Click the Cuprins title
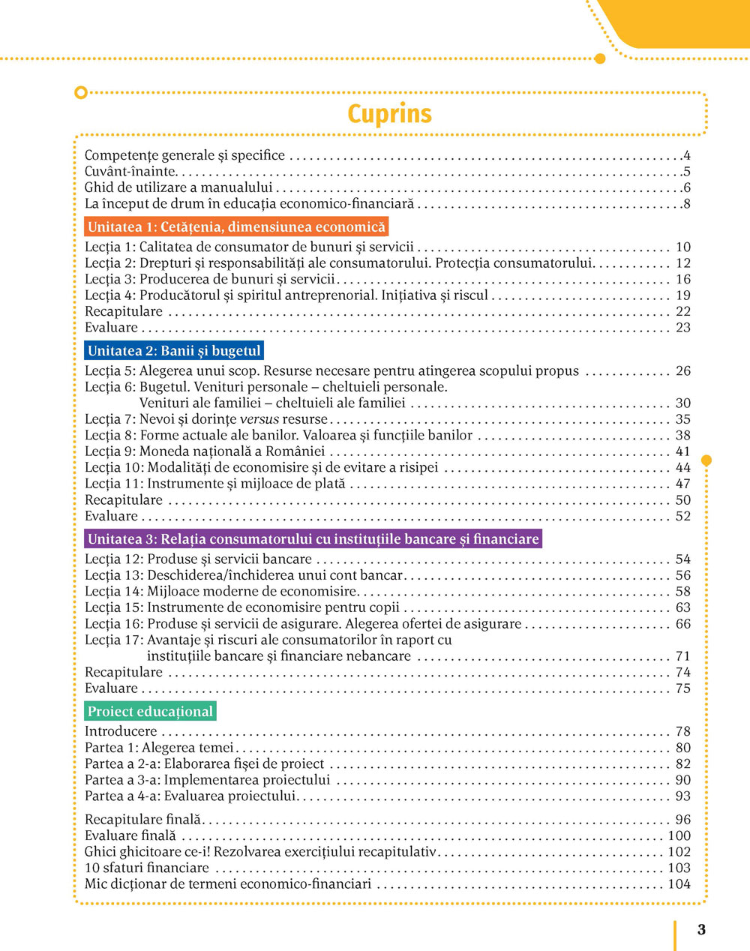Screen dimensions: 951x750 [389, 114]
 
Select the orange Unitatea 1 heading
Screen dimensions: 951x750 [236, 227]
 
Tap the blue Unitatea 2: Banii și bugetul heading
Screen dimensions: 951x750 [174, 350]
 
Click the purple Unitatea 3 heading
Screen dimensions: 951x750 [313, 538]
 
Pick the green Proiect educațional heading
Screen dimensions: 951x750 [150, 711]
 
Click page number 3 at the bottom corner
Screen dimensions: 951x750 [701, 930]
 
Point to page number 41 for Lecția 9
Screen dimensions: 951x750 [682, 451]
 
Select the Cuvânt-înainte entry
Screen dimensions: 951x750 [130, 172]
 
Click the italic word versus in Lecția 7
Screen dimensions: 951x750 [259, 419]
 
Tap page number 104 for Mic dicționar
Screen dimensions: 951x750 [679, 884]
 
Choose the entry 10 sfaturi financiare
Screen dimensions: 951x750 [147, 868]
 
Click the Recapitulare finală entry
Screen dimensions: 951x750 [143, 820]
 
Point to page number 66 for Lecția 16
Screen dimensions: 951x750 [682, 624]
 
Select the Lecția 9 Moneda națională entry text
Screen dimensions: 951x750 [205, 451]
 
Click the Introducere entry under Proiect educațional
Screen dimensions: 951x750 [121, 731]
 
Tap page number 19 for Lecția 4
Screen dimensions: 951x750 [682, 295]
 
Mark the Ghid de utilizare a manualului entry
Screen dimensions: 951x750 [178, 187]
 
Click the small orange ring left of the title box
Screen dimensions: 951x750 [81, 93]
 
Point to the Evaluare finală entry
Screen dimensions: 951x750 [130, 835]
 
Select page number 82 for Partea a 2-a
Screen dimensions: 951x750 [682, 763]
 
